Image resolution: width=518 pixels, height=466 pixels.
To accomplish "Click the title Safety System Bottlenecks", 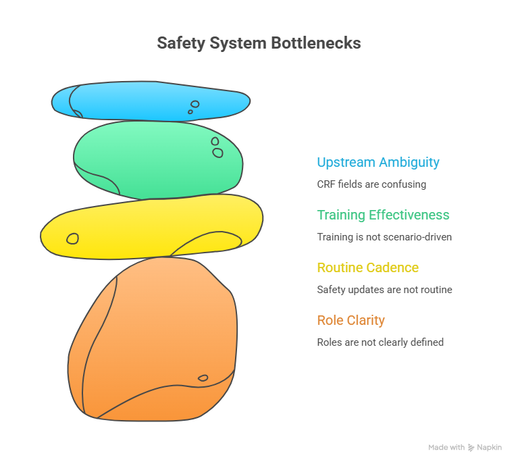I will tap(259, 43).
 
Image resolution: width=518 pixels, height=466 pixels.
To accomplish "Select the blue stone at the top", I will tap(150, 101).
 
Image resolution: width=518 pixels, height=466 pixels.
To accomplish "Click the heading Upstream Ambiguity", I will tap(378, 163).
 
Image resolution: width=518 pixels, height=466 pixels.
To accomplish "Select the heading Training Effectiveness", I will tap(383, 215).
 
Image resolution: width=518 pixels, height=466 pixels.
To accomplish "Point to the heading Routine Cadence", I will tap(367, 268).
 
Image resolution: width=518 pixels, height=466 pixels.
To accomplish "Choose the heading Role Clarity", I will tap(351, 320).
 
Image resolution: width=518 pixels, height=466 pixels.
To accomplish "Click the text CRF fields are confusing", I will tap(371, 184).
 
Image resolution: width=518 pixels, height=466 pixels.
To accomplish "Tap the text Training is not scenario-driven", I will tap(384, 237).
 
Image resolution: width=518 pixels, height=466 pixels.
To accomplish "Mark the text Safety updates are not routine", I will tap(384, 290).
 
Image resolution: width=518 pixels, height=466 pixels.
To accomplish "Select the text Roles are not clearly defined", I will tap(380, 342).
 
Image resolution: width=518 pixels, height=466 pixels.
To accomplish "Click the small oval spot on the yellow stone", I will tap(72, 238).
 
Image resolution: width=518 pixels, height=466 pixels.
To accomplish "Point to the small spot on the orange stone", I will tap(203, 378).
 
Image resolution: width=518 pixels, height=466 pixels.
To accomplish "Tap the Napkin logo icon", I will tap(471, 448).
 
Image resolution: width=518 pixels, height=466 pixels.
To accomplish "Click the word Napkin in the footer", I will tap(490, 448).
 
